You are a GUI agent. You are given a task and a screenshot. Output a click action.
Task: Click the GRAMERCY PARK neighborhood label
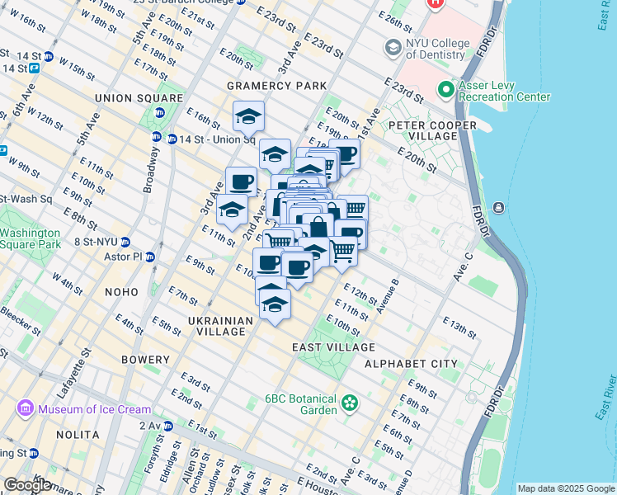click(277, 86)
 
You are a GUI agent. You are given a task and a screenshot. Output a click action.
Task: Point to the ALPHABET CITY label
click(411, 363)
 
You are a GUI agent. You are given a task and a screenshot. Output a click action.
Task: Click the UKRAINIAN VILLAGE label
click(218, 326)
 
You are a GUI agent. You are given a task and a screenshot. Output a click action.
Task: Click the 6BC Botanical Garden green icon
click(351, 403)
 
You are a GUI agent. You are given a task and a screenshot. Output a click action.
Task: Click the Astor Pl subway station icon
click(150, 257)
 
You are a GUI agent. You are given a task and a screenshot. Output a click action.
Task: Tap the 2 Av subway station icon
click(168, 426)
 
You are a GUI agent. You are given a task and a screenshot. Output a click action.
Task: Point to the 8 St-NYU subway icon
click(125, 242)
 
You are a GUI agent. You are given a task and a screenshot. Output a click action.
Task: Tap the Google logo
click(27, 485)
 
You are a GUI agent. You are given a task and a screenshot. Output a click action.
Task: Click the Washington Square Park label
click(31, 238)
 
